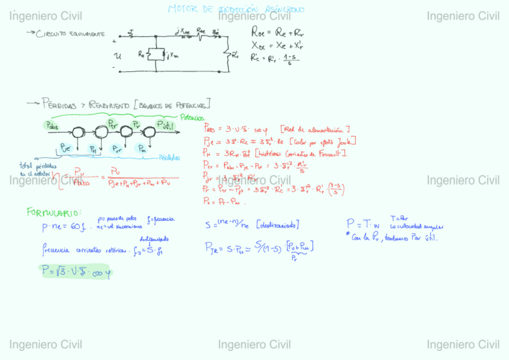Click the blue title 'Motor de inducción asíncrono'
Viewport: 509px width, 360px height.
pyautogui.click(x=236, y=9)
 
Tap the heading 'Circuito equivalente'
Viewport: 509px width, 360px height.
pyautogui.click(x=70, y=34)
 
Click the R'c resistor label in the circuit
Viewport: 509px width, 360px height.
pyautogui.click(x=235, y=56)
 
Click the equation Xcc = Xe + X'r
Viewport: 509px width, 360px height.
pyautogui.click(x=278, y=45)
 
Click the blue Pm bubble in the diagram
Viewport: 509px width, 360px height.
pyautogui.click(x=142, y=148)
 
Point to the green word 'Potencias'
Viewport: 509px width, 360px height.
pyautogui.click(x=192, y=118)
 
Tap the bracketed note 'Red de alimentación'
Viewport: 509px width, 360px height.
pyautogui.click(x=315, y=129)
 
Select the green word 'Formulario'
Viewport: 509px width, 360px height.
pyautogui.click(x=53, y=212)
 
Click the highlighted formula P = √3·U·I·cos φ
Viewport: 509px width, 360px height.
pyautogui.click(x=76, y=271)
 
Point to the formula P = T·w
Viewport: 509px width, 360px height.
pyautogui.click(x=363, y=225)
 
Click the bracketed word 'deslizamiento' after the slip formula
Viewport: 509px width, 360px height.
pyautogui.click(x=278, y=224)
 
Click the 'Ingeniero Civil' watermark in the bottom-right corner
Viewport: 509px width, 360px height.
pyautogui.click(x=463, y=344)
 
